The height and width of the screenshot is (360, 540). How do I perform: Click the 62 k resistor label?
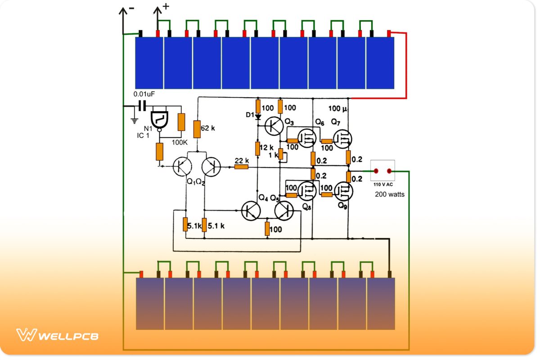click(208, 128)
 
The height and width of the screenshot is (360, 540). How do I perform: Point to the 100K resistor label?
click(180, 142)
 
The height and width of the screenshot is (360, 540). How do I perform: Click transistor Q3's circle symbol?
click(274, 126)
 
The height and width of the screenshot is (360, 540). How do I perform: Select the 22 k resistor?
click(241, 167)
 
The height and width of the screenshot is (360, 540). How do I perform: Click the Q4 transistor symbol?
click(251, 210)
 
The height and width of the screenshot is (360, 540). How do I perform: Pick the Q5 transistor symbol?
click(283, 210)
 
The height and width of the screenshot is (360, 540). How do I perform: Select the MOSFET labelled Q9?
click(342, 191)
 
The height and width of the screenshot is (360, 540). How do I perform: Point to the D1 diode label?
click(250, 115)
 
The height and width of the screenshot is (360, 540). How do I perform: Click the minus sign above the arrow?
click(131, 8)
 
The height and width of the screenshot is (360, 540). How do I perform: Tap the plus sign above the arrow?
click(166, 6)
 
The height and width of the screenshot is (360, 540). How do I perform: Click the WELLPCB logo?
click(57, 336)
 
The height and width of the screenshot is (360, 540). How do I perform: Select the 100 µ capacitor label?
click(338, 109)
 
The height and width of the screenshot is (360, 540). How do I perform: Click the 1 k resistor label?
click(273, 155)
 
